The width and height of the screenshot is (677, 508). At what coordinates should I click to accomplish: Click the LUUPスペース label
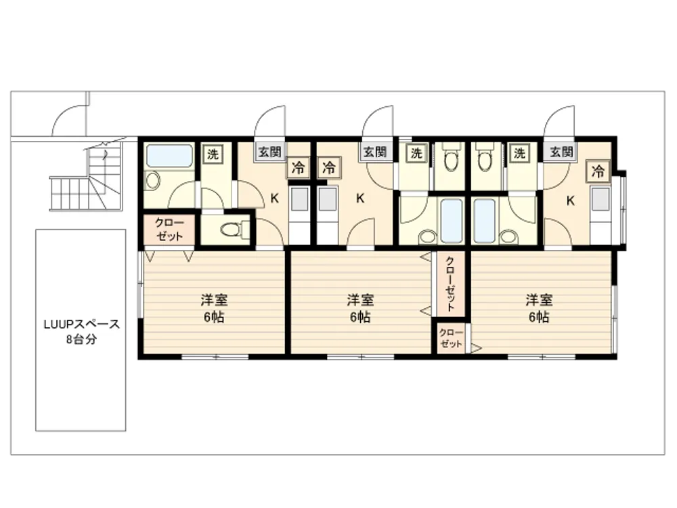(x=82, y=324)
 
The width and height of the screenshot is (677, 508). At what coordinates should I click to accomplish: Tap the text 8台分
(x=82, y=339)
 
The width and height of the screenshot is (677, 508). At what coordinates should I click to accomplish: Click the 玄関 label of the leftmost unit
(x=270, y=152)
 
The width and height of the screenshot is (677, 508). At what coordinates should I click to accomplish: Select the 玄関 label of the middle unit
(x=374, y=152)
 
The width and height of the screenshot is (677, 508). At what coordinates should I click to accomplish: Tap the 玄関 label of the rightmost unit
(x=561, y=152)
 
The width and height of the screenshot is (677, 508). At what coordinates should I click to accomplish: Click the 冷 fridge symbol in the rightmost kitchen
(x=598, y=171)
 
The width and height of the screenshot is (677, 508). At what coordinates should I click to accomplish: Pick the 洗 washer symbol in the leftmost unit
(x=213, y=154)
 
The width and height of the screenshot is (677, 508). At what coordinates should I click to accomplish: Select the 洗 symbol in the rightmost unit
(x=520, y=153)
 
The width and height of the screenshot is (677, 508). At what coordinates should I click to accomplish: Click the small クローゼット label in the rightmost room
(x=451, y=338)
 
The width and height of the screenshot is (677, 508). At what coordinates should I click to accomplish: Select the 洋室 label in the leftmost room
(x=214, y=300)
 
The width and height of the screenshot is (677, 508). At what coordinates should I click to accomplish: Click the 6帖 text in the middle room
(x=360, y=317)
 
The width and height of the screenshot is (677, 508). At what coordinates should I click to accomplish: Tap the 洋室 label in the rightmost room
(x=540, y=300)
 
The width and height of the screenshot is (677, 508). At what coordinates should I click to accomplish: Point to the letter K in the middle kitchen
(x=360, y=198)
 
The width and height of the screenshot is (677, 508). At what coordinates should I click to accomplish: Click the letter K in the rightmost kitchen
(x=570, y=200)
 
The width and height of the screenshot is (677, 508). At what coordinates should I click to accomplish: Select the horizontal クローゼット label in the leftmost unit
(x=169, y=230)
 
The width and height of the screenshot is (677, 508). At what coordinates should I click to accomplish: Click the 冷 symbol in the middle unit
(x=329, y=167)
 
